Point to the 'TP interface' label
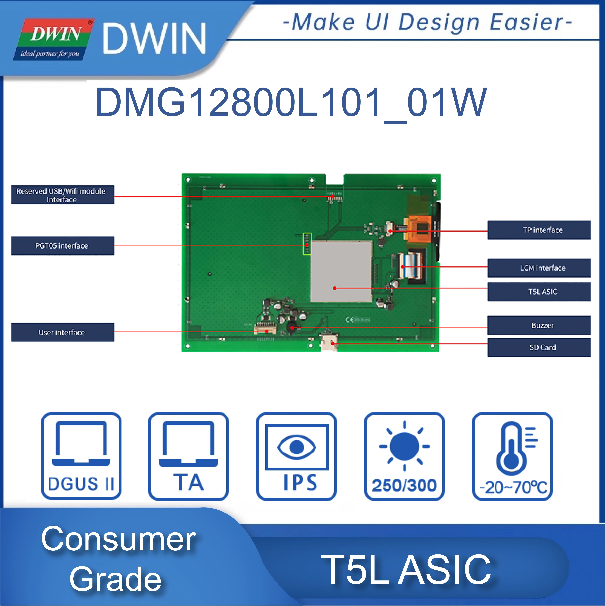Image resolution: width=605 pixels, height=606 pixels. tap(539, 230)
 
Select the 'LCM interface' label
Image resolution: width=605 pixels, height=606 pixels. tap(539, 268)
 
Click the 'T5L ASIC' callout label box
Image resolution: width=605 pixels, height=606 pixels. tap(539, 292)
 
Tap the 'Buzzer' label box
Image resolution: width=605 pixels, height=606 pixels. tap(539, 325)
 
